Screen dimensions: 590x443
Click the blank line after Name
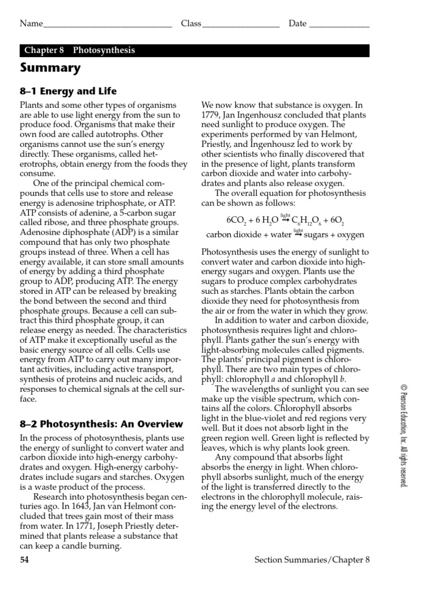tap(107, 25)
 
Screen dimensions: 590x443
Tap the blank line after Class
tap(241, 25)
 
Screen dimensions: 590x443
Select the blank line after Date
tap(339, 25)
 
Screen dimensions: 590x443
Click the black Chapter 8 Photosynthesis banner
tap(194, 50)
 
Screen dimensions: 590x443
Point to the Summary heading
tap(50, 68)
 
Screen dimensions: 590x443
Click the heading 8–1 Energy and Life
tap(68, 91)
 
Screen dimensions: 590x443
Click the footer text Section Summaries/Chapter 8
tap(311, 559)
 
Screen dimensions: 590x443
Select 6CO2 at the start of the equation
tap(236, 220)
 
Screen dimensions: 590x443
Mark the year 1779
tap(211, 115)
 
